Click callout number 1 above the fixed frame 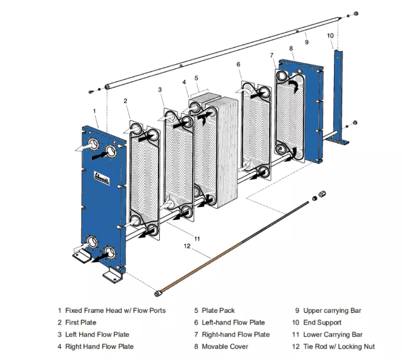tap(95, 111)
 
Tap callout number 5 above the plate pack tap(196, 78)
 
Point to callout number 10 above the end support tap(330, 36)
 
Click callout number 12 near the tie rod tap(187, 247)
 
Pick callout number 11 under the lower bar tap(197, 238)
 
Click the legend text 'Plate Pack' tap(218, 310)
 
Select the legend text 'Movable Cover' tap(224, 347)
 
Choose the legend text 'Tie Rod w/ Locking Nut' tap(339, 347)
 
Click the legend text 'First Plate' tap(81, 323)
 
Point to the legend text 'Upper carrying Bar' tap(335, 310)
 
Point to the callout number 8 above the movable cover tap(291, 49)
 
